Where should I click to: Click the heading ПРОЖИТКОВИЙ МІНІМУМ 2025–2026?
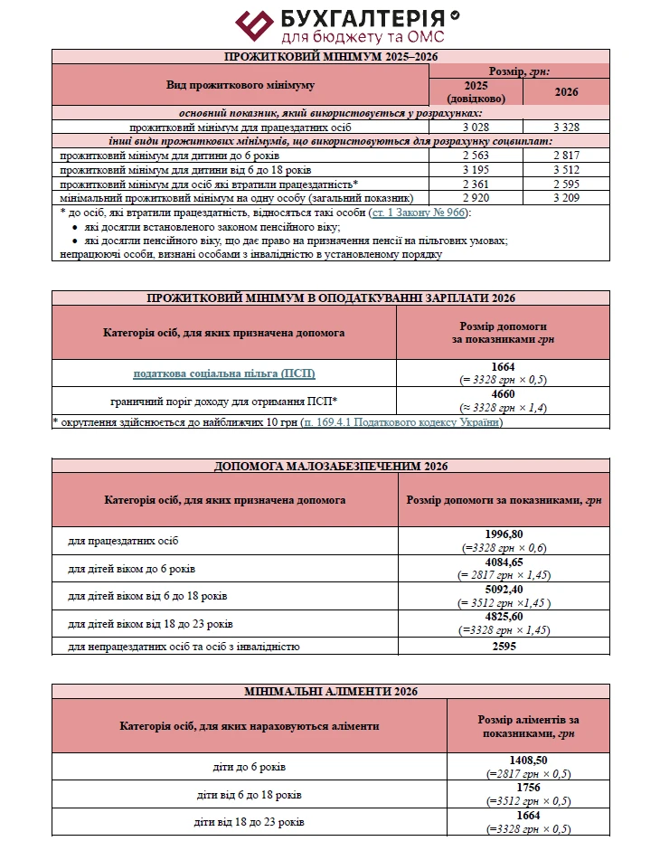coord(331,57)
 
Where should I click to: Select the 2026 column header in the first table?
coord(567,91)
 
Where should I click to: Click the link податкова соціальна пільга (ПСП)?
coord(224,373)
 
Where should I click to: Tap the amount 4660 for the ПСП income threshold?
coord(504,394)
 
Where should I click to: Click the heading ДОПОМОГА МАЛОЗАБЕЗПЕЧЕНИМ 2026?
coord(331,467)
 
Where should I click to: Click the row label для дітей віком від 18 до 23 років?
coord(151,624)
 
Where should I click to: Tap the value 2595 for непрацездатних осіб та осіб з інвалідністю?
coord(505,647)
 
